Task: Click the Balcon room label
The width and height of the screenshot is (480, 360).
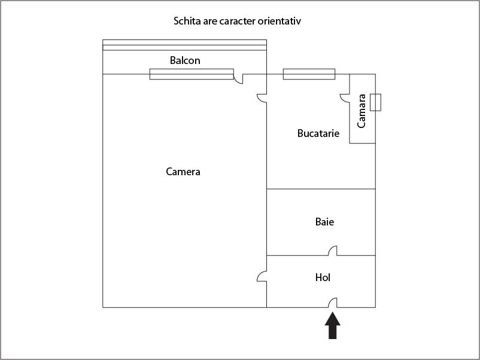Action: (185, 60)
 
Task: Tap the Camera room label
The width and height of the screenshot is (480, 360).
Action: (183, 172)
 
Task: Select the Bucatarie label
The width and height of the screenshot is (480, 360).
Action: (318, 133)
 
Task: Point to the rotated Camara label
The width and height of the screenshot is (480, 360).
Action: (362, 111)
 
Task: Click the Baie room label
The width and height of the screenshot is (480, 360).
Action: (324, 222)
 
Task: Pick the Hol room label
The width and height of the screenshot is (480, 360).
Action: (323, 277)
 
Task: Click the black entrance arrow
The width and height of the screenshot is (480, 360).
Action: (333, 327)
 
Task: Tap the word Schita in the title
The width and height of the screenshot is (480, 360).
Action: (187, 21)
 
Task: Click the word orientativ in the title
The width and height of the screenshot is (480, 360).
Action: (280, 21)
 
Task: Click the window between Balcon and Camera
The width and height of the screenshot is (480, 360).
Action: (191, 74)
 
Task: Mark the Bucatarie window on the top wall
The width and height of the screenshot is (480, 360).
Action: (309, 74)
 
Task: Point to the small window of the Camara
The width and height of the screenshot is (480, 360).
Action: (375, 102)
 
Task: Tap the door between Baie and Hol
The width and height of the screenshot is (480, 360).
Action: (333, 251)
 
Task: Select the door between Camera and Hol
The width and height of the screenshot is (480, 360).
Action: (262, 276)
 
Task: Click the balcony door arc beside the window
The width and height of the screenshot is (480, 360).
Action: (238, 79)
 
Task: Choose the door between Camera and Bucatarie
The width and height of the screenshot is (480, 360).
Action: (262, 97)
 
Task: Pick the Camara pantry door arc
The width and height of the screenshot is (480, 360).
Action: (345, 97)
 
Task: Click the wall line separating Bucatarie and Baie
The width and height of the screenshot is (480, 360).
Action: (321, 189)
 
